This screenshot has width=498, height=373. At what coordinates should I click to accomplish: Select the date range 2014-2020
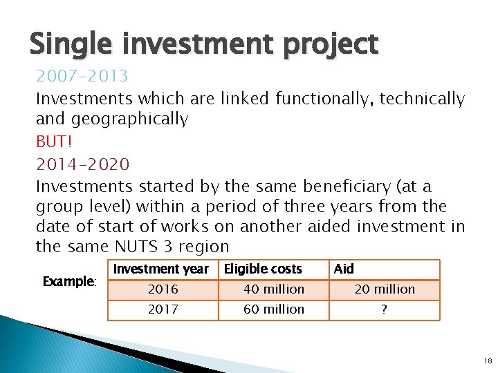point(82,164)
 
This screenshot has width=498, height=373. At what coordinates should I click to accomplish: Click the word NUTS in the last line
point(140,247)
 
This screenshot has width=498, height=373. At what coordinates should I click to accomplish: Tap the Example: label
point(68,281)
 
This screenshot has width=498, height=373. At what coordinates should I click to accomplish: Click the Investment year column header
point(161,269)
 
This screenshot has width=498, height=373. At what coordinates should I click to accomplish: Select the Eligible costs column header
point(264,269)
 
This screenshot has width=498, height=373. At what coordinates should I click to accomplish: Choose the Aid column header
point(344,269)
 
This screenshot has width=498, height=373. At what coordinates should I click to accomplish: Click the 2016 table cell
point(163,289)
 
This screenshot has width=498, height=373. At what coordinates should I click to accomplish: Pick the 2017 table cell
point(163,309)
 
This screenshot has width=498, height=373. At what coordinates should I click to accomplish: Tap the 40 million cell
point(274,289)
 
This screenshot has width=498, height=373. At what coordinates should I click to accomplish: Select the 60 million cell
point(274,309)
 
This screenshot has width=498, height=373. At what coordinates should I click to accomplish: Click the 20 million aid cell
point(385,289)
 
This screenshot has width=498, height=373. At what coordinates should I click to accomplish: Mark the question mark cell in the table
point(385,309)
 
